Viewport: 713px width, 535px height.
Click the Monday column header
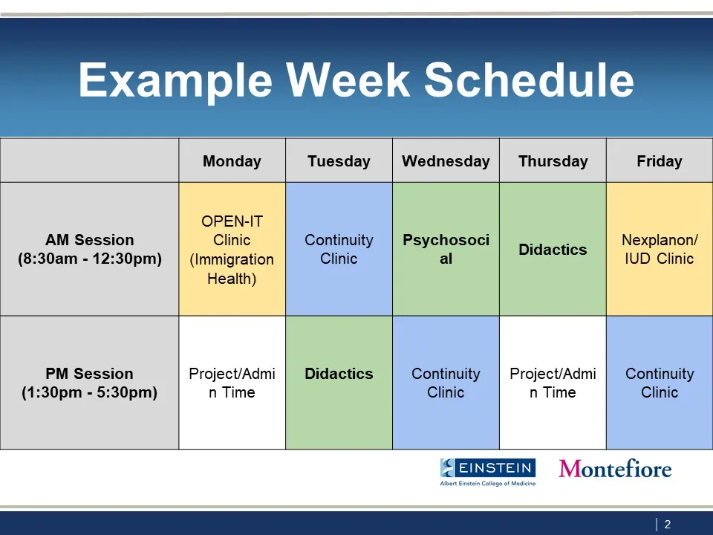[x=232, y=161]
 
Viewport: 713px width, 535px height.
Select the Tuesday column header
[x=339, y=161]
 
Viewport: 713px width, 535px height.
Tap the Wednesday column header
[x=446, y=161]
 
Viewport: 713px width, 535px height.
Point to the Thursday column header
[x=553, y=161]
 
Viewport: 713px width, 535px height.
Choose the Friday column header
[x=660, y=161]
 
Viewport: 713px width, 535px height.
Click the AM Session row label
[x=89, y=249]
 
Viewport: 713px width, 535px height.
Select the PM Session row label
[x=89, y=383]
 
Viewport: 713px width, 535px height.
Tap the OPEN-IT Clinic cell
[x=232, y=249]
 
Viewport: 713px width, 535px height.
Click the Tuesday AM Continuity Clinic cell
[x=339, y=249]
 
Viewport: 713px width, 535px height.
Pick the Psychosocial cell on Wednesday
[x=446, y=249]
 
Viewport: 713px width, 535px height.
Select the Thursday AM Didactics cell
[x=553, y=249]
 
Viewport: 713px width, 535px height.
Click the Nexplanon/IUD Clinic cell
[x=660, y=249]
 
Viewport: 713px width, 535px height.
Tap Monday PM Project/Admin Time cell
[x=232, y=383]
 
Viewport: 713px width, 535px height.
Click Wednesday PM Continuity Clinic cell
[x=446, y=383]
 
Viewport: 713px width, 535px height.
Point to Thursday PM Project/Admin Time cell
[x=553, y=383]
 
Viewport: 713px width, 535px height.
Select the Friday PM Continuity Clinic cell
[x=660, y=383]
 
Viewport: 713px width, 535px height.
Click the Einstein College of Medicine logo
[x=488, y=472]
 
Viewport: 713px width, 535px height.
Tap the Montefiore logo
[x=615, y=468]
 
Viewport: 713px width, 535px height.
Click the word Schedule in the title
[x=529, y=80]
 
